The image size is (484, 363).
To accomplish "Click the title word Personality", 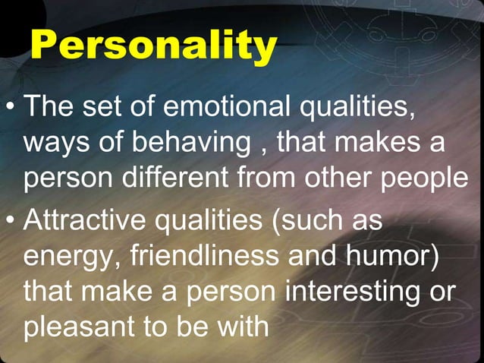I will point(153,47).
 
